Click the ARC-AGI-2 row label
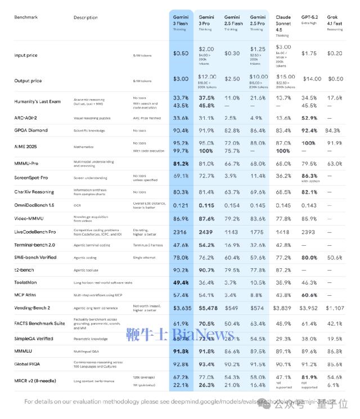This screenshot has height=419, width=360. click(x=26, y=118)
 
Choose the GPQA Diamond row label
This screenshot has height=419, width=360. click(x=31, y=130)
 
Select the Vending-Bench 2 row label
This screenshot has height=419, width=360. click(x=32, y=308)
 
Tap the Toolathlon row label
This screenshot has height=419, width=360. click(x=26, y=282)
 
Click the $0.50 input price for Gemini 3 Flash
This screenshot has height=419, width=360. click(x=181, y=53)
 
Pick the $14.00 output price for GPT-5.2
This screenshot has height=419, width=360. click(x=312, y=79)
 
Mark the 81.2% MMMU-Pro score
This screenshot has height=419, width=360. click(x=181, y=164)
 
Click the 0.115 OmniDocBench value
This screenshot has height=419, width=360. click(x=206, y=205)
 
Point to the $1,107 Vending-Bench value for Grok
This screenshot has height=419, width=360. click(x=335, y=308)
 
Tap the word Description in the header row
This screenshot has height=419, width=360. click(x=85, y=17)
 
